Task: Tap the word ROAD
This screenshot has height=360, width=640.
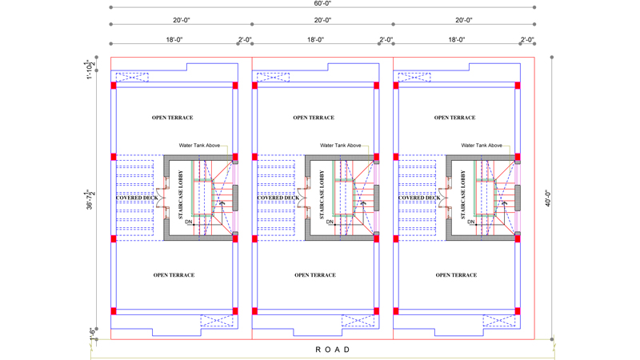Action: tap(333, 350)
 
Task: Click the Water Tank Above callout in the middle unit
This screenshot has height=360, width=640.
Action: tap(342, 146)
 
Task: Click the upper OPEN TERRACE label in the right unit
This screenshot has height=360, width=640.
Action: tap(455, 118)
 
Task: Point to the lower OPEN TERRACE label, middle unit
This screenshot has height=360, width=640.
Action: tap(315, 275)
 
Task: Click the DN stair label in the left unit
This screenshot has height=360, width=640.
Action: tap(189, 222)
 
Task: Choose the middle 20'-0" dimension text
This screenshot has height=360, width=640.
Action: tap(323, 20)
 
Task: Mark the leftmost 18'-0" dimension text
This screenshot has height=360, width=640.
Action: tap(174, 39)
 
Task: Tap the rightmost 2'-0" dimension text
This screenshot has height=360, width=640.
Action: tap(527, 39)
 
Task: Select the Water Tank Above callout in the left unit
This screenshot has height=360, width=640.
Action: tap(200, 146)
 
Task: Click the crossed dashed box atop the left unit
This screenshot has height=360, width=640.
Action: tap(132, 78)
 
